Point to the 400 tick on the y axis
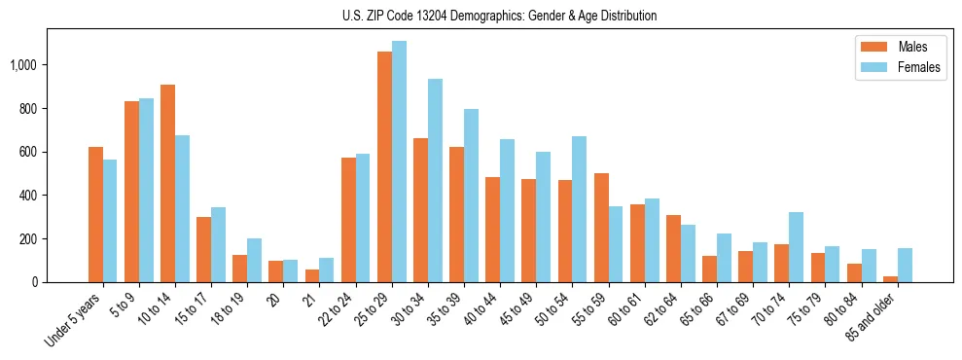point(29,196)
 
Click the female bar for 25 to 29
point(399,162)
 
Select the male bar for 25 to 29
point(384,166)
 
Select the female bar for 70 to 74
point(796,247)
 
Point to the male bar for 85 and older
point(890,279)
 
